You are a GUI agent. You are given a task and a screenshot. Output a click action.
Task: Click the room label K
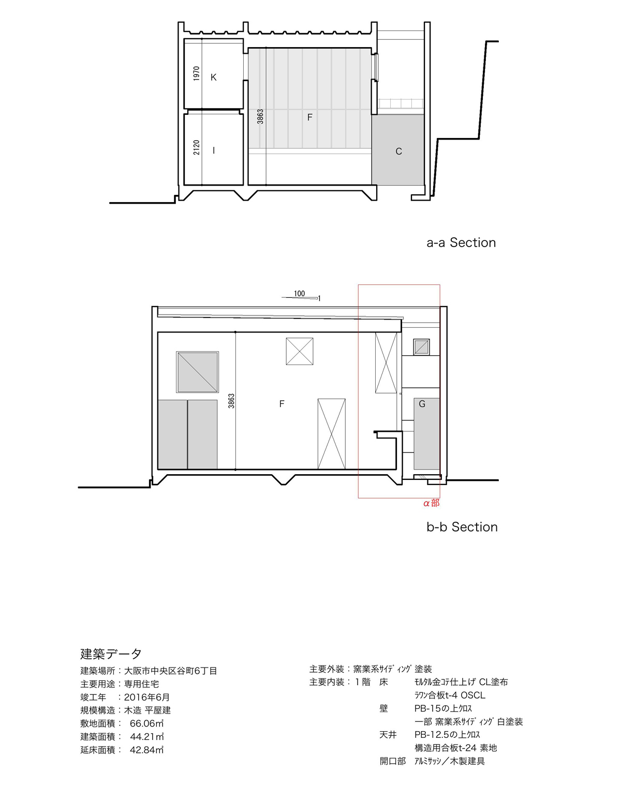pos(213,78)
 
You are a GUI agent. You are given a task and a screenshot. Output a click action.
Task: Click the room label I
pos(214,150)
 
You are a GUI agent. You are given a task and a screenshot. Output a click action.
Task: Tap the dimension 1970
pos(197,73)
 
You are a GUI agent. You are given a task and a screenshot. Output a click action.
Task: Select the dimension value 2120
pos(197,147)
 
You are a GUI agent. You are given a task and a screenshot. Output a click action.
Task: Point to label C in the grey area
pos(398,151)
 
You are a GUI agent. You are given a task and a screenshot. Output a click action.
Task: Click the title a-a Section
pos(461,243)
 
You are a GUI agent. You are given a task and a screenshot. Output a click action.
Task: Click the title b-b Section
pos(462,527)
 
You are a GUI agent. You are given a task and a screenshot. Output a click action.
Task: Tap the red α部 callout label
pos(431,503)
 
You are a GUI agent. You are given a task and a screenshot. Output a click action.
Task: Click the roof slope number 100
pos(299,294)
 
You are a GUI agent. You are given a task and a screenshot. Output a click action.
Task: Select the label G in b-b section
pos(422,404)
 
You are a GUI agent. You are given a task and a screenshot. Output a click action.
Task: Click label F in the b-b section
pos(282,404)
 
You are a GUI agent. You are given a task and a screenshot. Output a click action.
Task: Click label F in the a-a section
pos(309,117)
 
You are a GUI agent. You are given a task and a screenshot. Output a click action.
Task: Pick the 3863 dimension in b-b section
pos(231,401)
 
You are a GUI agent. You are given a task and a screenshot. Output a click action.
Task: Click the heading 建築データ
pos(111,654)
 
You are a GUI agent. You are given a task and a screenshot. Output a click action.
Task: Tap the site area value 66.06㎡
pos(146,723)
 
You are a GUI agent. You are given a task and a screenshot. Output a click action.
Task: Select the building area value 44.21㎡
pos(146,737)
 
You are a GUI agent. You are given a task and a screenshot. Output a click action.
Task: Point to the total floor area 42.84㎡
pos(146,750)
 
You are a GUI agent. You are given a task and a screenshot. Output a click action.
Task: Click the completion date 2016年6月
pos(146,697)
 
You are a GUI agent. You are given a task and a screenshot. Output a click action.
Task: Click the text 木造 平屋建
pos(147,710)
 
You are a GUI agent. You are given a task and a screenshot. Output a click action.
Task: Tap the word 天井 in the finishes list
pos(388,735)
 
